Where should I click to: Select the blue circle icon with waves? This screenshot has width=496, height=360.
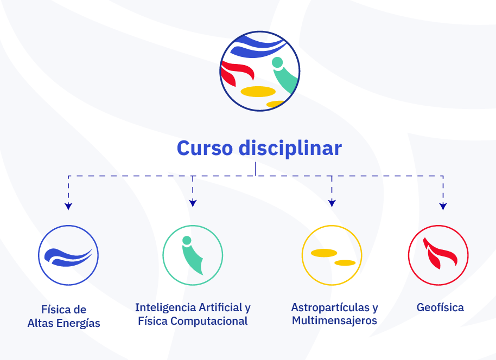point(68,254)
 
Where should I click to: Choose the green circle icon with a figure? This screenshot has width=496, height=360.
point(193,254)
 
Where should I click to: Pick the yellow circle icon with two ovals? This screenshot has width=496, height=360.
point(332,255)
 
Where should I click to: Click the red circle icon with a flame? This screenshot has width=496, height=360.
point(438,254)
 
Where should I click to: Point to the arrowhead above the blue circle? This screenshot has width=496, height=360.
point(68,206)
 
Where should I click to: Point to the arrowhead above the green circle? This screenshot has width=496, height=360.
point(193,204)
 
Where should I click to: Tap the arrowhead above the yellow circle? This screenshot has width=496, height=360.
point(332,203)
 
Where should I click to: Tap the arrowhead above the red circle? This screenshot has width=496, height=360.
point(443,206)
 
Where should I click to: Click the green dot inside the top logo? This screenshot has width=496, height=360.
point(277,62)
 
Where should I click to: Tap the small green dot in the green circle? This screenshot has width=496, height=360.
point(187,240)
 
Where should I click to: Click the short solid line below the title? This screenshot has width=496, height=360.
point(256,168)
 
